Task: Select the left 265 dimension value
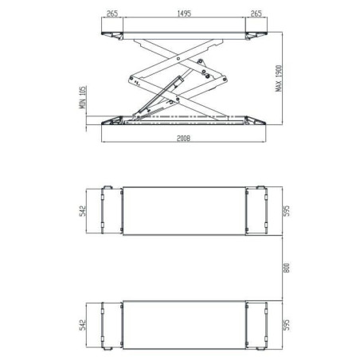point(112,13)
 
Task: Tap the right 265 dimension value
point(256,13)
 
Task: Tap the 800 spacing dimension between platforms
point(280,268)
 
